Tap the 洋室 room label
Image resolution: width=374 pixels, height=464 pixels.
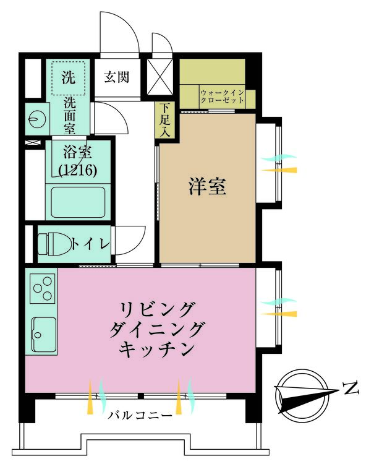coord(206,186)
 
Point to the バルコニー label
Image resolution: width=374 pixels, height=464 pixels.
coord(140,415)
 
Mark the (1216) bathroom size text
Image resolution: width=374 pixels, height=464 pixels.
coord(77,170)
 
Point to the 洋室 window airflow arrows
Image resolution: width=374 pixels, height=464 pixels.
coord(278,164)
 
